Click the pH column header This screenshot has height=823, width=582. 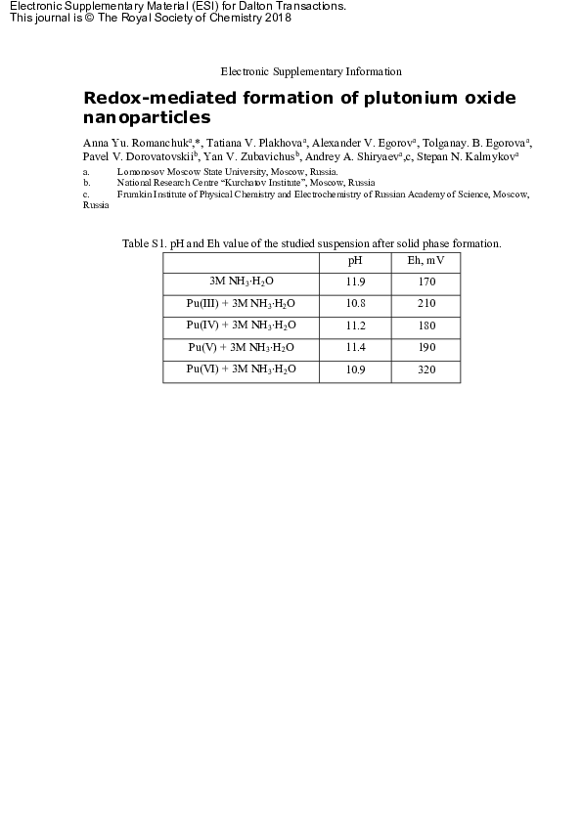tap(355, 261)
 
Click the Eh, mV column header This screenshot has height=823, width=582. tap(425, 261)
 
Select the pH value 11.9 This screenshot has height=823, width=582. tap(355, 282)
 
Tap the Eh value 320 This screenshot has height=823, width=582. tap(425, 370)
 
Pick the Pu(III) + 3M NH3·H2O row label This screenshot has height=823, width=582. tap(241, 304)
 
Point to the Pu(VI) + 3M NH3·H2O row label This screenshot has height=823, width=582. tap(241, 370)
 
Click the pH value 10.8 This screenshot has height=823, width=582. tap(355, 304)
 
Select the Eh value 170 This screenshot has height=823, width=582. tap(425, 282)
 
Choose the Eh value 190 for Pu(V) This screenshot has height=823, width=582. tap(425, 348)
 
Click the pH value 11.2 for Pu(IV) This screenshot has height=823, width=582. tap(355, 326)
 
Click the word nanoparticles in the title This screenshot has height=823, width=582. tap(147, 117)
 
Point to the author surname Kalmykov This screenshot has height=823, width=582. tap(489, 155)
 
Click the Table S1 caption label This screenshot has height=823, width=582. tap(143, 243)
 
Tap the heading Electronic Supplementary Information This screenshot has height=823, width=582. tap(311, 71)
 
